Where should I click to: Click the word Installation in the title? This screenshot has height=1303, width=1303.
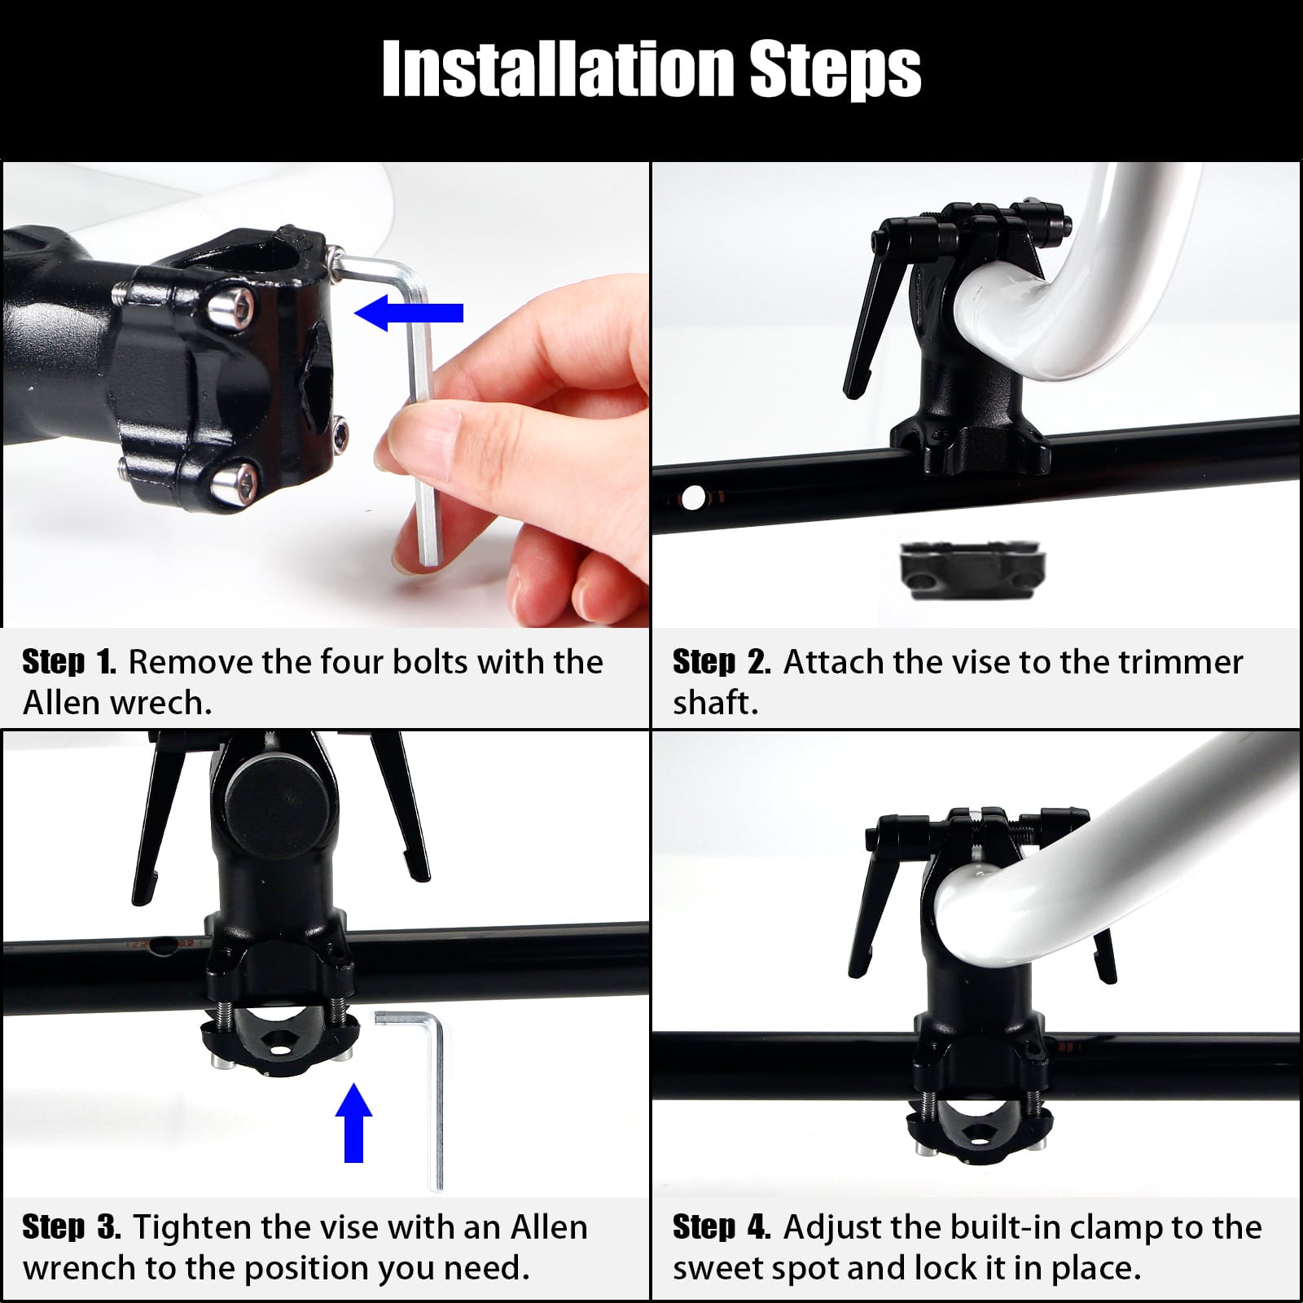[559, 69]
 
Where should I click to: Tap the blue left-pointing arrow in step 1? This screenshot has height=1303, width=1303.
[409, 313]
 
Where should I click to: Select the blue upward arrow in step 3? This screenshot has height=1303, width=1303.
[353, 1121]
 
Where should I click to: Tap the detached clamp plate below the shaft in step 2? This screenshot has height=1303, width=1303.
[972, 570]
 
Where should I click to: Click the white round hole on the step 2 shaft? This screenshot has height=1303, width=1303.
[693, 498]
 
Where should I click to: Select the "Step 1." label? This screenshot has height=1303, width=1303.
[69, 662]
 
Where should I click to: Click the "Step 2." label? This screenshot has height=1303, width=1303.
[722, 662]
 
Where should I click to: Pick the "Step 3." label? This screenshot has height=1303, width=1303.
[72, 1227]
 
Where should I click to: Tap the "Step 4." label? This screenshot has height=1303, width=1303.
[722, 1227]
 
